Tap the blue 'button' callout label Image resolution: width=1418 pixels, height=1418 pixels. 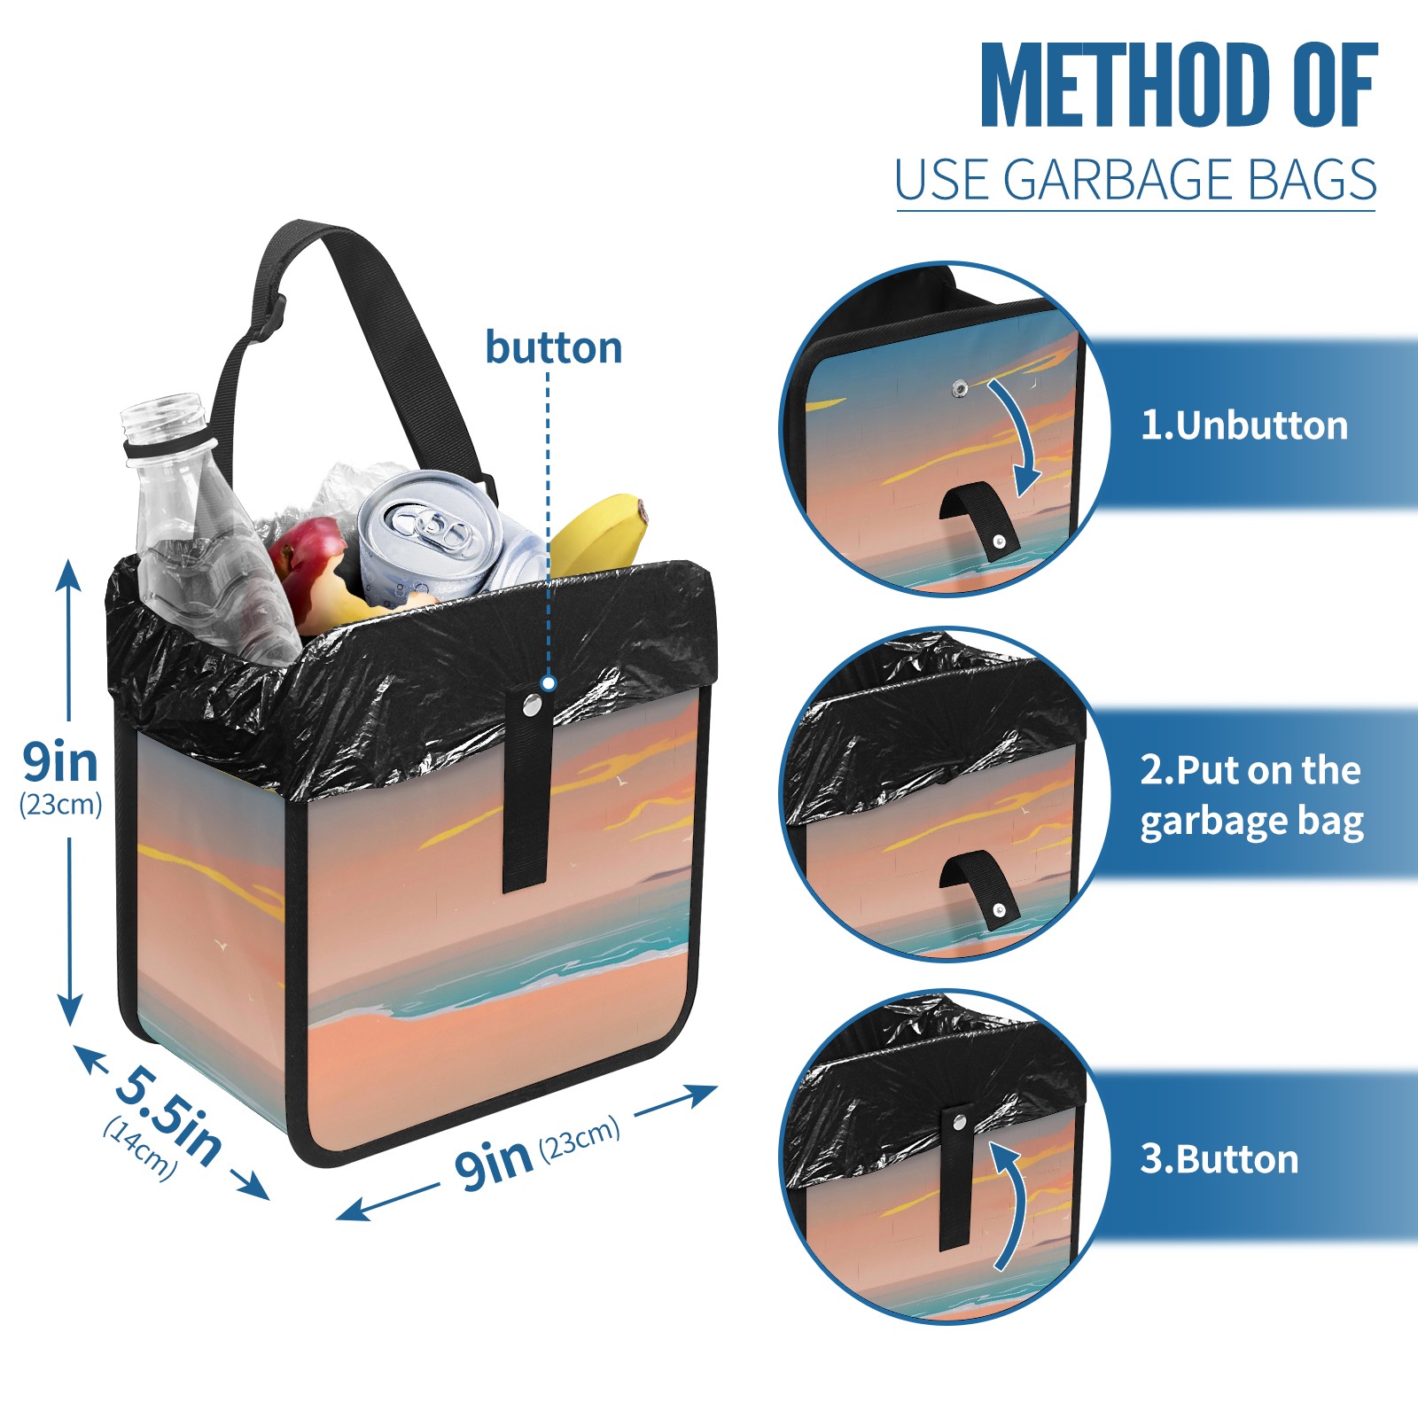554,347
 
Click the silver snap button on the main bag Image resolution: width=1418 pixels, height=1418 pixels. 532,705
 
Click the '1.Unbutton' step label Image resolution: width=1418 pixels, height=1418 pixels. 1243,425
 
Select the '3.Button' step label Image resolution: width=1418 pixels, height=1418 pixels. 1219,1159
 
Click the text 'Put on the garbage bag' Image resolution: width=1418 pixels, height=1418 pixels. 1251,796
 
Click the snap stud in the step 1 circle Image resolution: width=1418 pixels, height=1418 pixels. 958,387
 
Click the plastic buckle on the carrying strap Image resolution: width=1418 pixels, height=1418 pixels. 267,321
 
